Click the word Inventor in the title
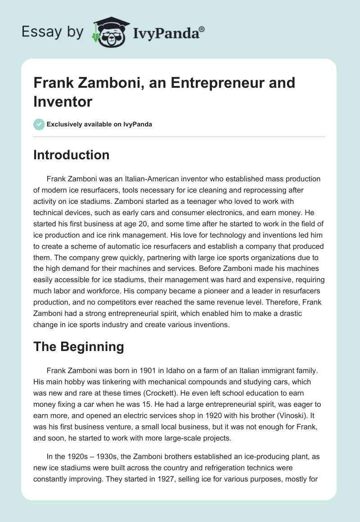click(x=63, y=101)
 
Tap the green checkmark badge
click(x=39, y=124)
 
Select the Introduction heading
click(x=72, y=155)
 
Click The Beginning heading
click(x=79, y=346)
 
